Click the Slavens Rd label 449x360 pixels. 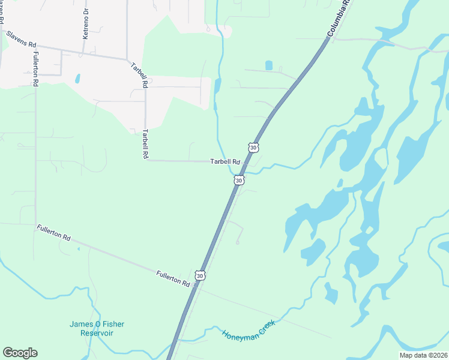point(22,40)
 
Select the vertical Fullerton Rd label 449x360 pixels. point(36,70)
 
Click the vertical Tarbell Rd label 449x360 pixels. point(145,144)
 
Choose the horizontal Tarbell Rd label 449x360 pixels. point(224,162)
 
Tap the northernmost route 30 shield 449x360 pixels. point(253,147)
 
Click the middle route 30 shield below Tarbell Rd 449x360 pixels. point(239,179)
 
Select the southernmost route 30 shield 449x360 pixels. point(201,275)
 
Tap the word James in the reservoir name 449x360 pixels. point(81,325)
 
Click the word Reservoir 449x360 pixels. point(97,333)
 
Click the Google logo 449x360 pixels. point(20,353)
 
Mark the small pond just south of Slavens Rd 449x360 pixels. point(77,79)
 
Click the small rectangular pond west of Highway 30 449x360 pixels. point(268,65)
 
